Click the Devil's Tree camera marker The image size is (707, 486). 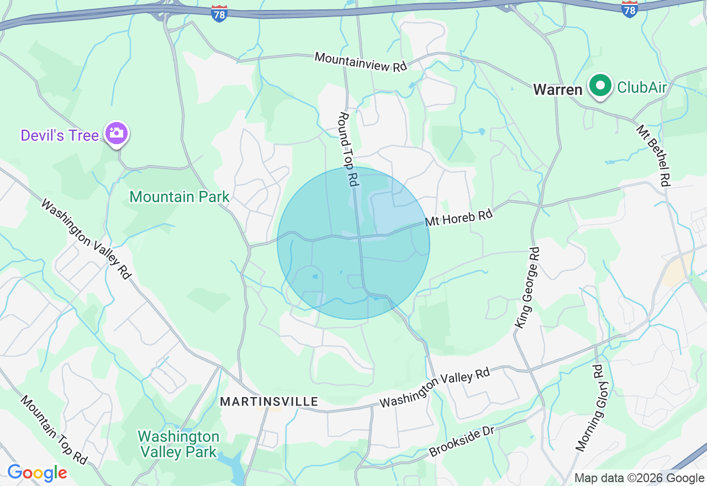(x=117, y=133)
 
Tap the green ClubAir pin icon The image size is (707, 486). (x=600, y=86)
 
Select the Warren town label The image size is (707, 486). (x=557, y=90)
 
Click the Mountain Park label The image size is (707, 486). (x=180, y=197)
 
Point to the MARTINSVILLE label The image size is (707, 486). (x=269, y=402)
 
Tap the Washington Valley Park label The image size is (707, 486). (x=178, y=444)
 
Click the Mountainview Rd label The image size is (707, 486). (x=361, y=61)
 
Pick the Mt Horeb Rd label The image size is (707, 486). (x=458, y=216)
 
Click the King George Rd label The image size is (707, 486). (x=527, y=287)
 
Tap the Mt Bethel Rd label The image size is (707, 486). (x=653, y=155)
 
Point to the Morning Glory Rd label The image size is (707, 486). (x=589, y=408)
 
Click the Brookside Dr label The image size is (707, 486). (x=461, y=440)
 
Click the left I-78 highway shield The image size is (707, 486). (x=219, y=14)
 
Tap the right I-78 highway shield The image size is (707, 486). (x=629, y=9)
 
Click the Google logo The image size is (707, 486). (x=37, y=473)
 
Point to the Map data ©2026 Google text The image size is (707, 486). (x=639, y=478)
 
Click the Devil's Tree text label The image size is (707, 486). (x=60, y=135)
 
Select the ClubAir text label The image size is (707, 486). (x=642, y=87)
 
